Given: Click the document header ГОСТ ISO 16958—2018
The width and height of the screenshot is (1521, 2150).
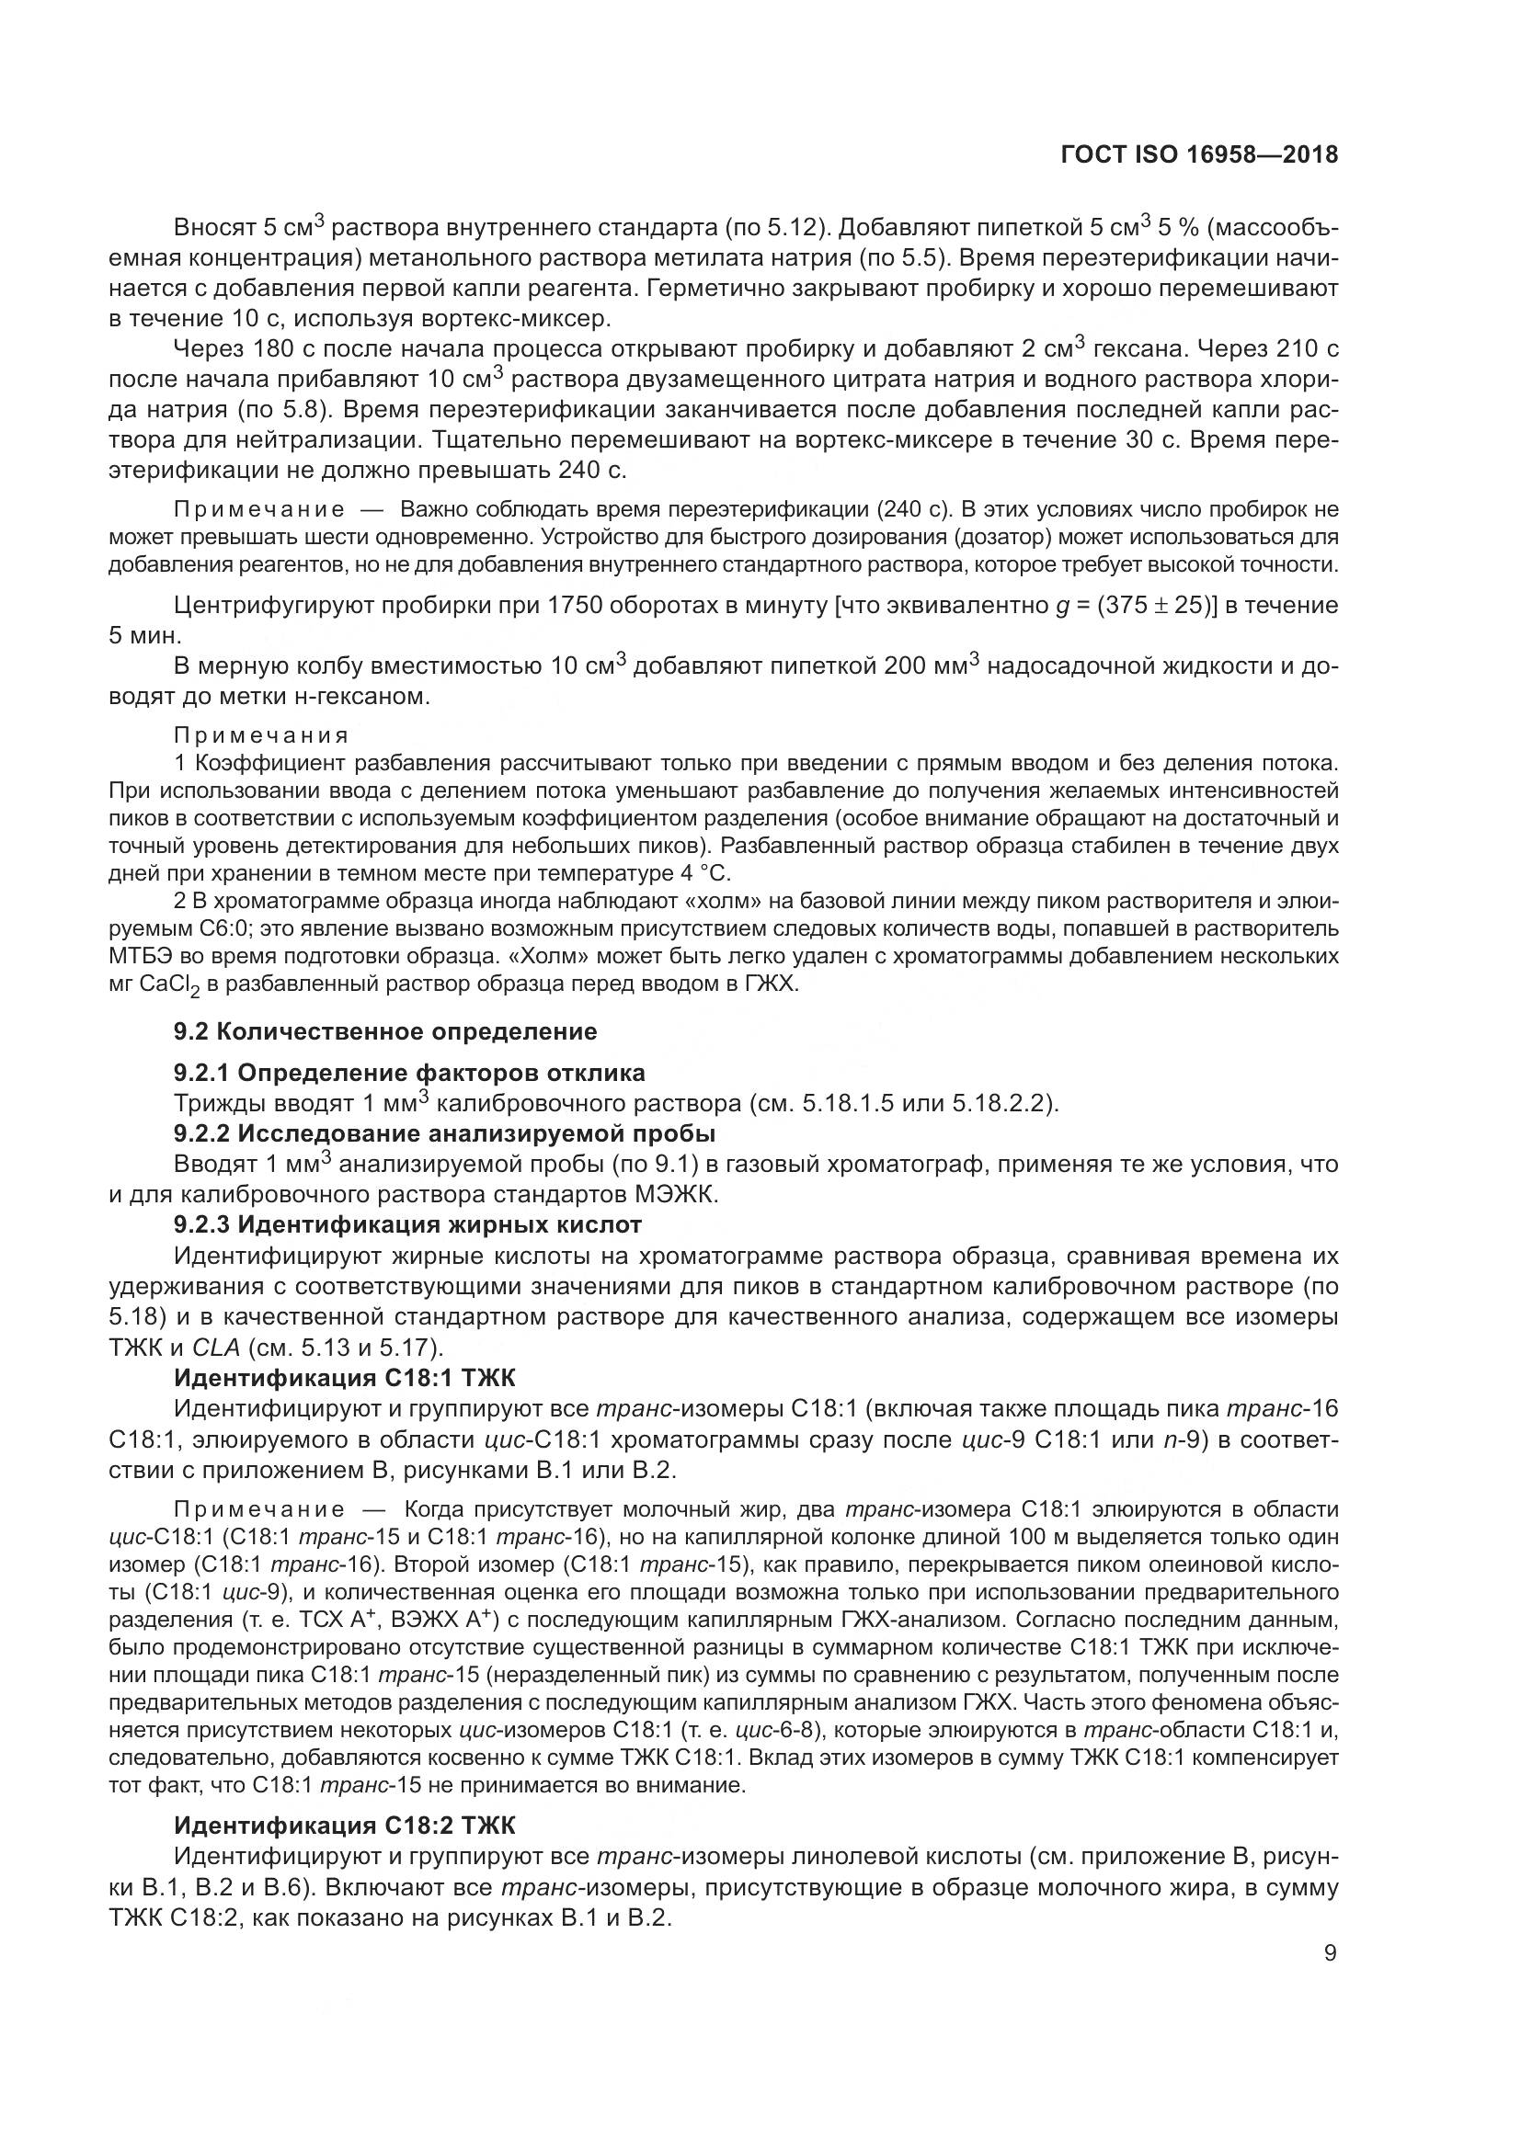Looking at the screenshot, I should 1199,154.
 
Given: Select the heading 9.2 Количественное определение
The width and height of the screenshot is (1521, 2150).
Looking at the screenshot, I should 385,1031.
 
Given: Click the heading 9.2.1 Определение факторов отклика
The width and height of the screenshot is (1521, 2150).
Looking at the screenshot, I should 409,1072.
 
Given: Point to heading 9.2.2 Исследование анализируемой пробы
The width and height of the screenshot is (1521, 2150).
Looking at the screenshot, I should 445,1133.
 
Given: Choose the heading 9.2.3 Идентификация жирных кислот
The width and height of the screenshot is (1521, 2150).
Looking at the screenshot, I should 408,1223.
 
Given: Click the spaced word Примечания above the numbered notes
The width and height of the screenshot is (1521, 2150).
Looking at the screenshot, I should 262,735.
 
